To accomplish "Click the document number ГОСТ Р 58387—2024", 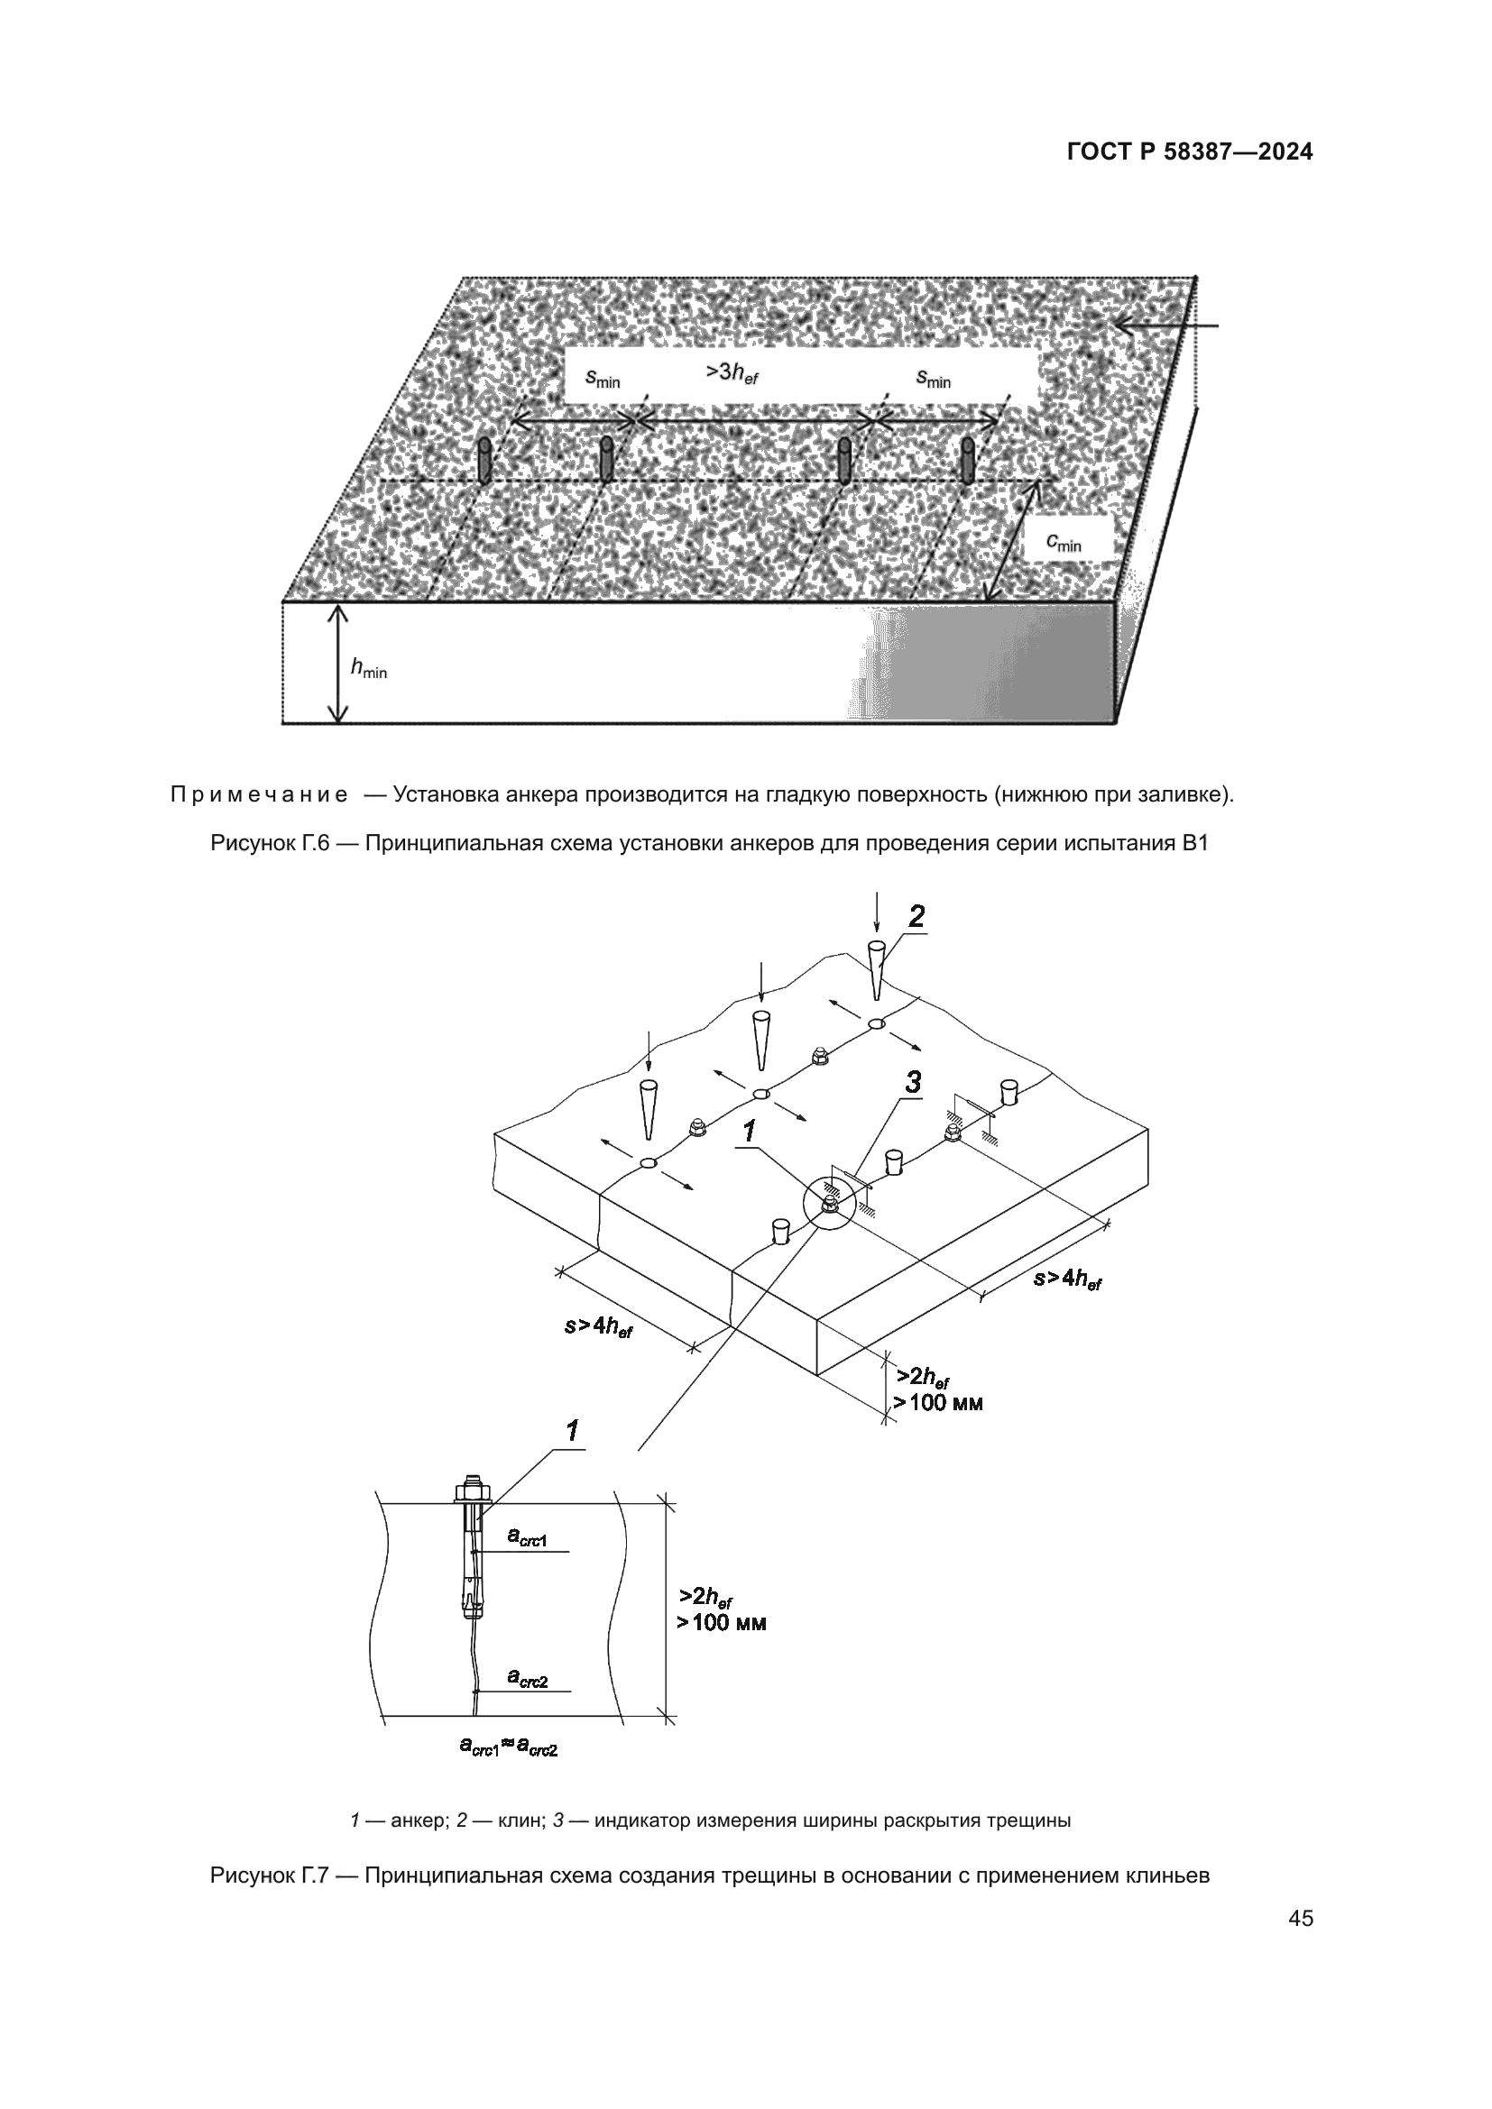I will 1189,152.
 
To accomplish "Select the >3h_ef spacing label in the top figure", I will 732,373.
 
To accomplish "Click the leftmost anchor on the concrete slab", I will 484,461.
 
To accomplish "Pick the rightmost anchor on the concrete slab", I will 967,461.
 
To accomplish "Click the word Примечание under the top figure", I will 259,794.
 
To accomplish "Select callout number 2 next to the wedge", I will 916,917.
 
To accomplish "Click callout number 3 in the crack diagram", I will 912,1084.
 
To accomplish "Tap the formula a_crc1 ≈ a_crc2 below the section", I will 508,1747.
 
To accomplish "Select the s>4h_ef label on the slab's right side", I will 1066,1278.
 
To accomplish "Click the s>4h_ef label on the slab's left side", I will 598,1326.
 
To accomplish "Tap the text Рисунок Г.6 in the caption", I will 269,842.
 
